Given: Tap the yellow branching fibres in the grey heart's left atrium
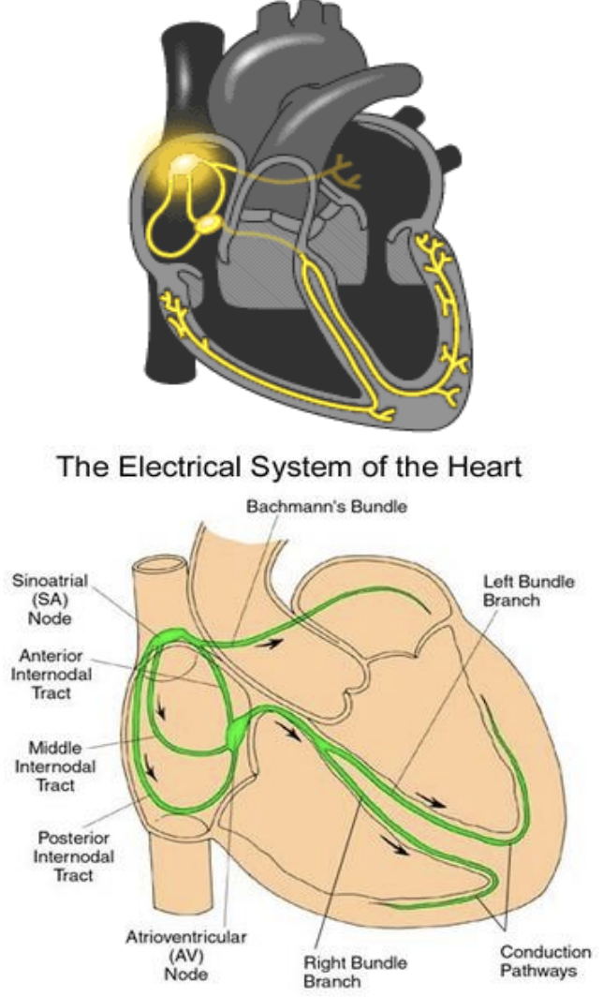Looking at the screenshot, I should click(347, 176).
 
